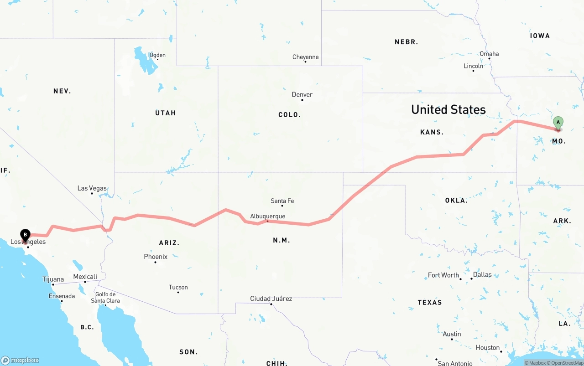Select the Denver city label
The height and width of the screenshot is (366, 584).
point(302,95)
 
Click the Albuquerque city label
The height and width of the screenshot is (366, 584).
point(267,217)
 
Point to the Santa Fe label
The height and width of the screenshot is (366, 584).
point(282,201)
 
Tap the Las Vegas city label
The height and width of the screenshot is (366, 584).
point(92,188)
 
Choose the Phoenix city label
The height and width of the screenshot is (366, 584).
point(156,257)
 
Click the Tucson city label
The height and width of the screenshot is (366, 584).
point(178,287)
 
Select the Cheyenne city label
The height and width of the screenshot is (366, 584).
point(305,57)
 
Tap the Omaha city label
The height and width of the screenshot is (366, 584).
point(489,54)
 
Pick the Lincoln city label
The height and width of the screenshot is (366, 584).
point(473,66)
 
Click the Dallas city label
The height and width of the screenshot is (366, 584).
point(482,274)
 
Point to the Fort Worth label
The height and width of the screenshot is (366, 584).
point(443,275)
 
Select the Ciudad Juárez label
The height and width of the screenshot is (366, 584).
point(271,299)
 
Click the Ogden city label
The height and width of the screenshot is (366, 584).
point(157,55)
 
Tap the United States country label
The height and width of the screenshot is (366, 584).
point(448,109)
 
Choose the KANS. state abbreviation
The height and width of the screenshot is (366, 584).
point(432,132)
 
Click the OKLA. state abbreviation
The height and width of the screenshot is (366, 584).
point(456,201)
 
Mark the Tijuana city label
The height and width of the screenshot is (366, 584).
point(53,279)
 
